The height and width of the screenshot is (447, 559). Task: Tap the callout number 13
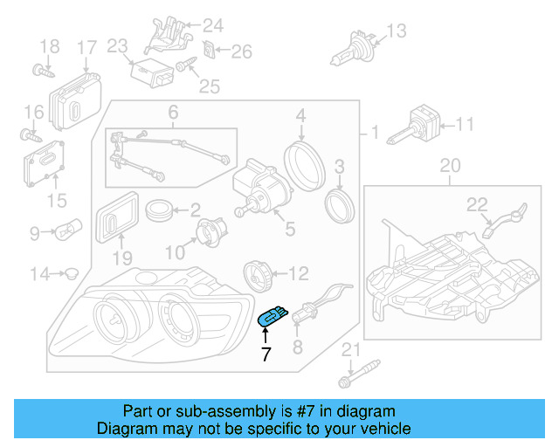click(397, 31)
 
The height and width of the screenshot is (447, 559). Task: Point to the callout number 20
click(449, 165)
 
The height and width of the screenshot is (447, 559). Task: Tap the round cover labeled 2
click(158, 210)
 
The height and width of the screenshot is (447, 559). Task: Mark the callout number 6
click(173, 112)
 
